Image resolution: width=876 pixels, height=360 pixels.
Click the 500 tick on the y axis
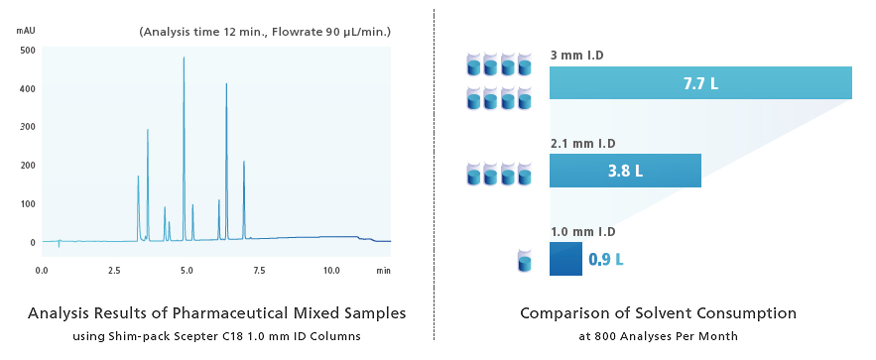click(28, 50)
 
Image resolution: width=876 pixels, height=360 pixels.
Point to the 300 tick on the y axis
click(28, 127)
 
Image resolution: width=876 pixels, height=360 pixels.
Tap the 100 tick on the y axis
click(28, 204)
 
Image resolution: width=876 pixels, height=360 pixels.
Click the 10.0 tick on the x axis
click(330, 270)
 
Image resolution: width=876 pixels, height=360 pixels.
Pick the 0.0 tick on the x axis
click(42, 270)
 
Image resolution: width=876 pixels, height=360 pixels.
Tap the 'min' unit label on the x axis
click(383, 270)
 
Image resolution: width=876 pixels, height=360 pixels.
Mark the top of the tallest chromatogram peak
click(184, 58)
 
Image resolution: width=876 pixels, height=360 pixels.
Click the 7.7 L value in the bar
click(700, 83)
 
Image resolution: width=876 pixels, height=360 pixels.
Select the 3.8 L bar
click(625, 171)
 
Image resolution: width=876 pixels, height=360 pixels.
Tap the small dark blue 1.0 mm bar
click(565, 259)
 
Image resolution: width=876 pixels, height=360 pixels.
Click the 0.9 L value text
click(606, 260)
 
